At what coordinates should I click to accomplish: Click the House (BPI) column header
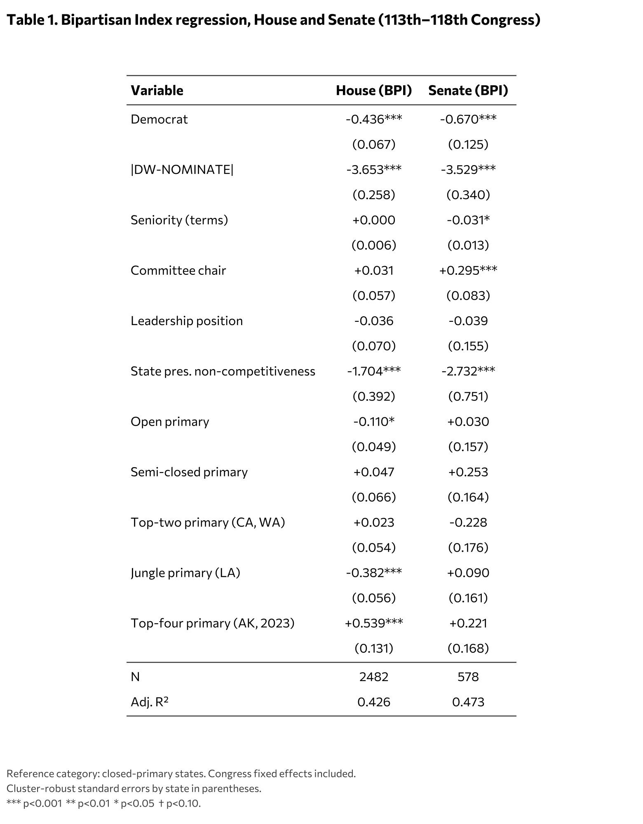[x=373, y=91]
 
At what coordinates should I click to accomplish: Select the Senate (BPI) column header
[x=468, y=91]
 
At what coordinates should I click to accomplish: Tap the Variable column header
[x=157, y=91]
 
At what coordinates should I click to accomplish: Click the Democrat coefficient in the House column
[x=373, y=119]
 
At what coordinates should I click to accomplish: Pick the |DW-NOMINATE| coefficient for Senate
[x=468, y=170]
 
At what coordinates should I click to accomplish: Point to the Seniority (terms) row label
[x=179, y=220]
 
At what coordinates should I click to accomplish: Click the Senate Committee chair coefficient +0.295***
[x=468, y=271]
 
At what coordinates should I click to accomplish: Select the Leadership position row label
[x=186, y=321]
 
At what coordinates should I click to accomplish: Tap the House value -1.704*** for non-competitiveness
[x=373, y=371]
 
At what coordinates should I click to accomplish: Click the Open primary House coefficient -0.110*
[x=373, y=422]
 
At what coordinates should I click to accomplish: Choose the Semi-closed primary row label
[x=189, y=472]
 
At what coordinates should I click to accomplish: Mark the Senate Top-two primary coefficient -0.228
[x=468, y=522]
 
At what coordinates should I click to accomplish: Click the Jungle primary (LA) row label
[x=185, y=573]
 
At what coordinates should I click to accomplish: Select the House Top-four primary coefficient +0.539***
[x=373, y=623]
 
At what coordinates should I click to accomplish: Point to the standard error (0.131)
[x=373, y=648]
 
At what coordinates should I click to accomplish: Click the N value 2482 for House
[x=373, y=677]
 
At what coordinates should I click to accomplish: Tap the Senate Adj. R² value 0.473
[x=468, y=702]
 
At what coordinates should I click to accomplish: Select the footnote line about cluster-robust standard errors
[x=134, y=789]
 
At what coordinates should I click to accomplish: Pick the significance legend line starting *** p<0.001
[x=103, y=803]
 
